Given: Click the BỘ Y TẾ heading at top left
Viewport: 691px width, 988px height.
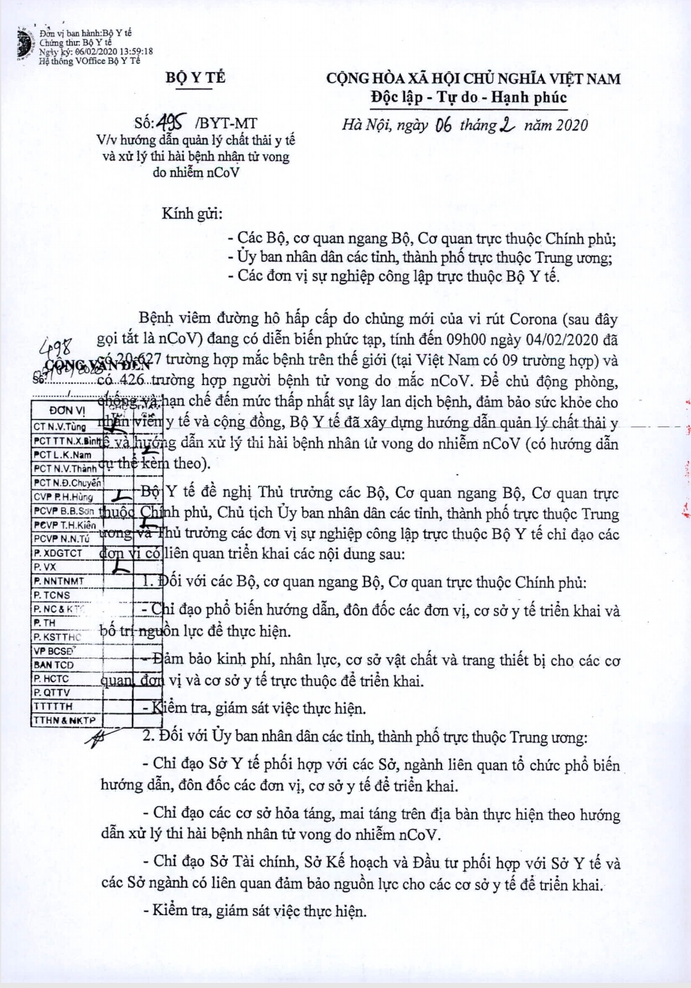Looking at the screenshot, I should click(x=195, y=78).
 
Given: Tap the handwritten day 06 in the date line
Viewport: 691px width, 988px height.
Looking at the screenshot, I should click(x=443, y=125).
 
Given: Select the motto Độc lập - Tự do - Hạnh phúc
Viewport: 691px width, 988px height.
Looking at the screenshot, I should click(x=468, y=98).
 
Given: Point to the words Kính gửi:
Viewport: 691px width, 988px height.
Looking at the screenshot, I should click(x=192, y=214).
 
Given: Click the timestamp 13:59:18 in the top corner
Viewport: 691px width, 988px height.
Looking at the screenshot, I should click(x=131, y=52).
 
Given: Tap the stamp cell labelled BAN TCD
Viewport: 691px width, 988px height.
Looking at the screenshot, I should click(x=54, y=665).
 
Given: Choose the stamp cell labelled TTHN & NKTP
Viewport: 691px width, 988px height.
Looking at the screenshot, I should click(x=65, y=721).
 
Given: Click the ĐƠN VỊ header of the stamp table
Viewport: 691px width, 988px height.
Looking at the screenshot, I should click(x=67, y=411).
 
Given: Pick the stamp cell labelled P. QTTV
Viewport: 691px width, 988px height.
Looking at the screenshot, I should click(x=52, y=693).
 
